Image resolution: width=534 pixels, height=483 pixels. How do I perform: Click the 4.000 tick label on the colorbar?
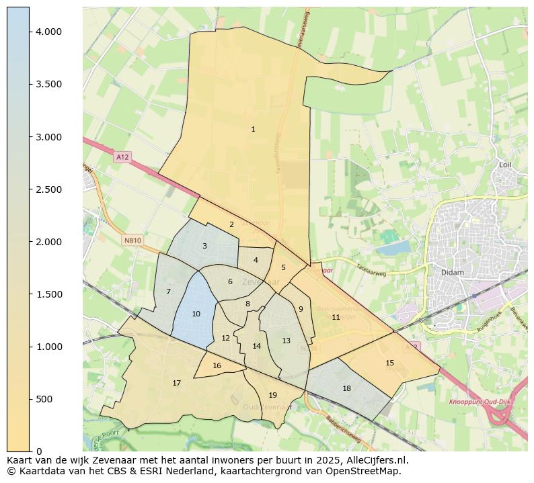[x=48, y=32]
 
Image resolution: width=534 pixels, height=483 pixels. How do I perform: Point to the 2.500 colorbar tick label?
[x=48, y=189]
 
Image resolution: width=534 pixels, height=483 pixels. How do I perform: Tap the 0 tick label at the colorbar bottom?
[x=39, y=451]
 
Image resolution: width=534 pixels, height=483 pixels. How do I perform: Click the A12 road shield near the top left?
[x=122, y=157]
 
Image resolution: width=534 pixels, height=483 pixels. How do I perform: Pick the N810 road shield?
[x=132, y=240]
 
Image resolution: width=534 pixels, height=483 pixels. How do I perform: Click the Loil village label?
[x=506, y=165]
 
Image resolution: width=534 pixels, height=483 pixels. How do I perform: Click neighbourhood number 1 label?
[x=253, y=129]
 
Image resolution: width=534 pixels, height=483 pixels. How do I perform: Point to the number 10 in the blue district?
[x=196, y=314]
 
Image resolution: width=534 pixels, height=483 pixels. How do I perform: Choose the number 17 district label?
[x=176, y=383]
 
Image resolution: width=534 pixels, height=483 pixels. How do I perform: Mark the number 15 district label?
[x=389, y=363]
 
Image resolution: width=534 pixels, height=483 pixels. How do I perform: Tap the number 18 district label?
[x=346, y=388]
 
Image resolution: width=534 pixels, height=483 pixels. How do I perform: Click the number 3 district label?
[x=204, y=246]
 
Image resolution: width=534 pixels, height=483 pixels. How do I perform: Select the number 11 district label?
[x=336, y=317]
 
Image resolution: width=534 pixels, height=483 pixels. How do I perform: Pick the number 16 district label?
[x=217, y=365]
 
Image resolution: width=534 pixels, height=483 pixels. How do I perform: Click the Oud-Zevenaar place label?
[x=267, y=406]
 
